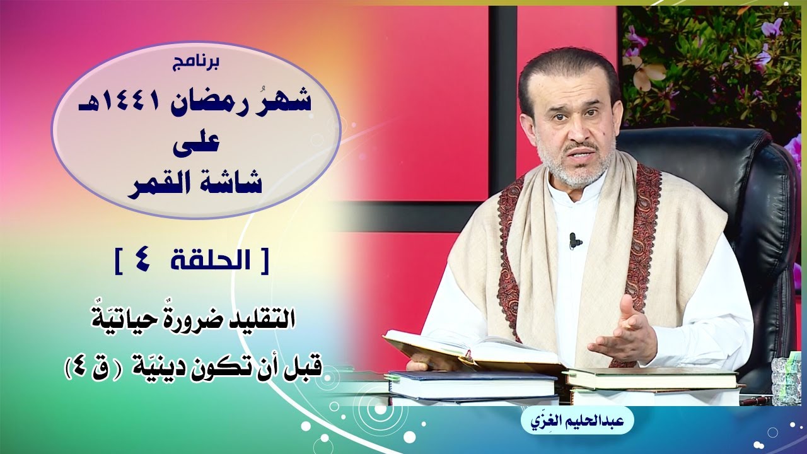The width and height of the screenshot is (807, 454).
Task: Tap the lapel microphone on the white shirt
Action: [x=573, y=241]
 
